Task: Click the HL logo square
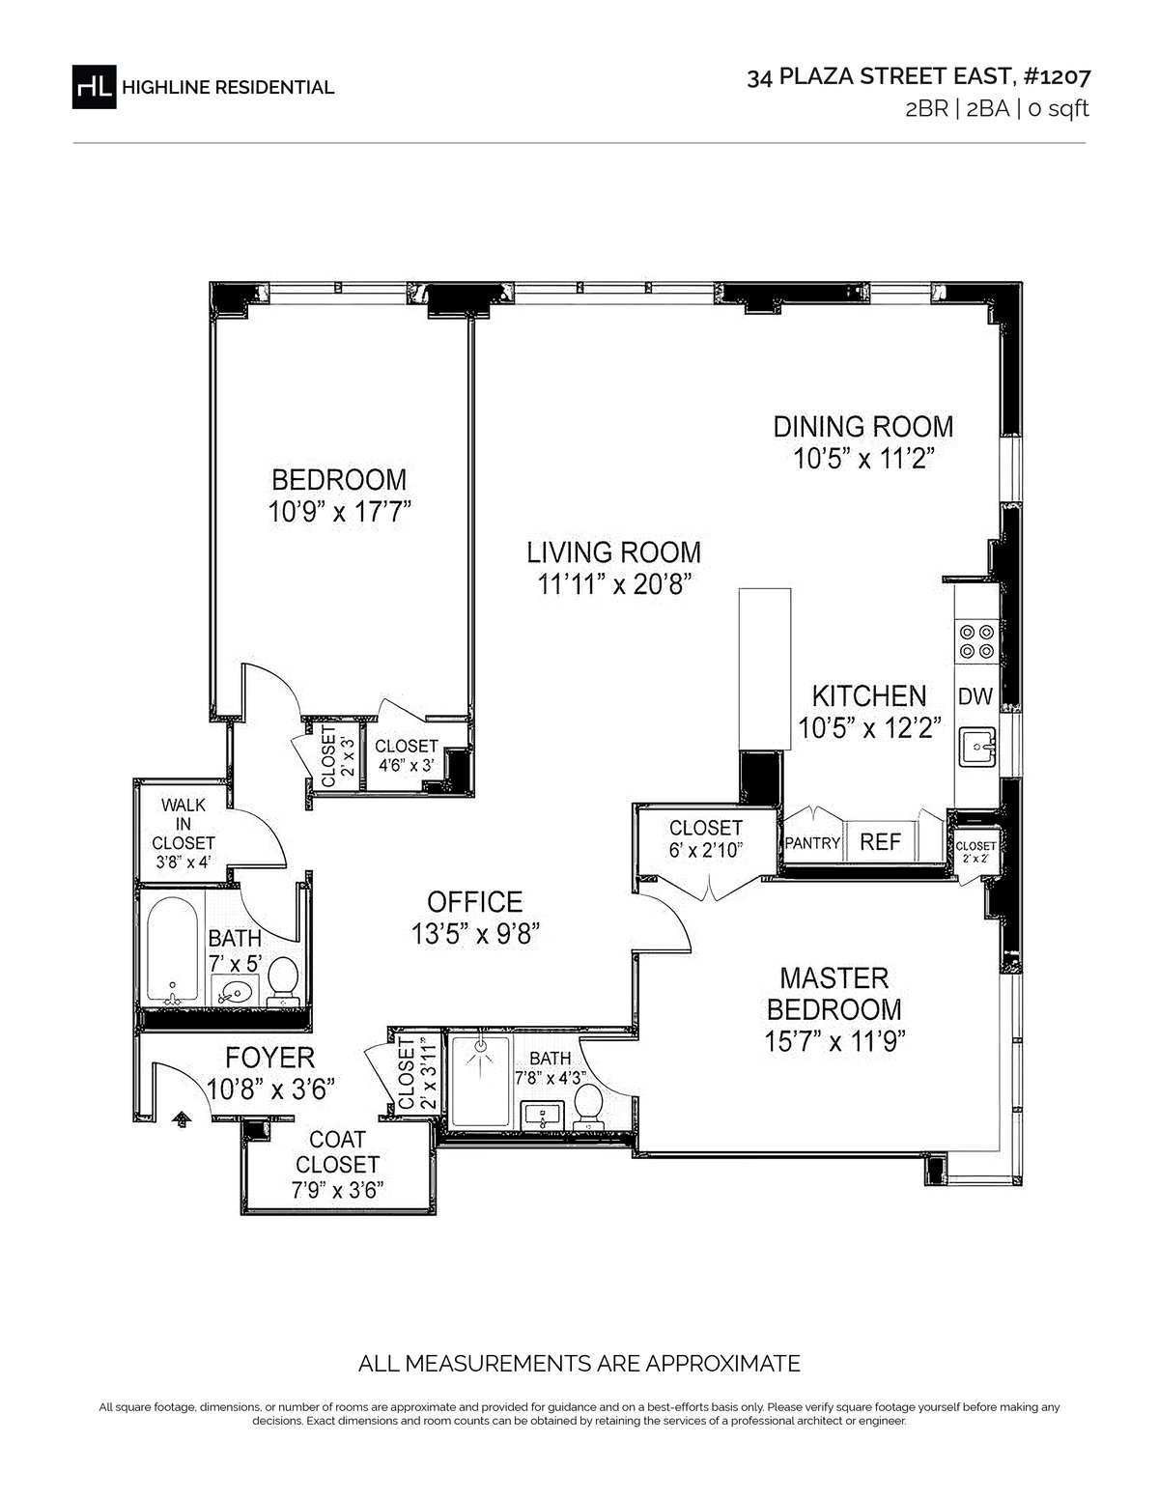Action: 94,87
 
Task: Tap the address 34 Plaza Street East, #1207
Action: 919,78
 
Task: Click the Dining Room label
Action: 862,427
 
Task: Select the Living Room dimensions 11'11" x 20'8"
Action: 613,585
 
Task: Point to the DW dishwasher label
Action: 975,696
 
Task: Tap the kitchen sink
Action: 977,747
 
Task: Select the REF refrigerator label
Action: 881,841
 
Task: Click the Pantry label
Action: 812,843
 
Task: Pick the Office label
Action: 474,902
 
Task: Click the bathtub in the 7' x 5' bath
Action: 172,950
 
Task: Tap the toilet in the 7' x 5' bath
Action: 281,980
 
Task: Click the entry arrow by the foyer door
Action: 182,1118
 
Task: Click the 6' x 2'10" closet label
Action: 705,838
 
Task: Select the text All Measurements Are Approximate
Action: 579,1364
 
